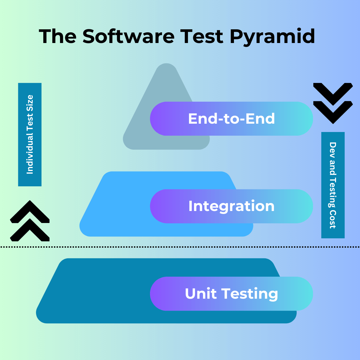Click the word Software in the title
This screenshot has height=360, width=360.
pyautogui.click(x=128, y=36)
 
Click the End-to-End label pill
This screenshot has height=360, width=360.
pyautogui.click(x=231, y=119)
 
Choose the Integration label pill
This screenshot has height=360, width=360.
pyautogui.click(x=231, y=206)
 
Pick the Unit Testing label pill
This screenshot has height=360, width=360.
pyautogui.click(x=231, y=294)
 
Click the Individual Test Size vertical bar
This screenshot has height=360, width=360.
pyautogui.click(x=30, y=134)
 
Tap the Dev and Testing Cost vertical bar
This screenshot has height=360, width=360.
pyautogui.click(x=333, y=185)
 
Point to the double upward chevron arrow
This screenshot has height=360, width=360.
pyautogui.click(x=30, y=221)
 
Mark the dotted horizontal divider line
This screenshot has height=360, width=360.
pyautogui.click(x=180, y=247)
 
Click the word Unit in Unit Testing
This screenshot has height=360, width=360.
pyautogui.click(x=201, y=294)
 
